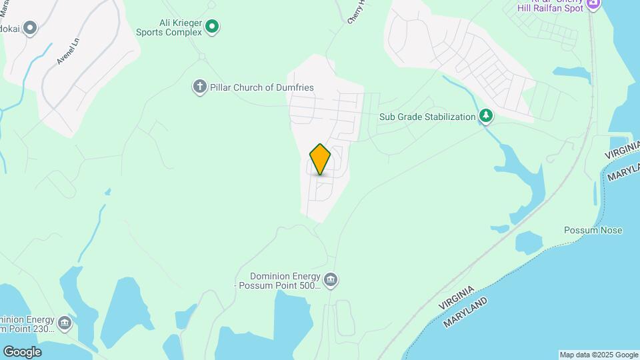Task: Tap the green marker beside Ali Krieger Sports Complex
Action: [212, 27]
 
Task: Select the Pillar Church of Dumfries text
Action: [263, 87]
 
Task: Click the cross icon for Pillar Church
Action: [199, 87]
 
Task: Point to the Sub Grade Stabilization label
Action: [427, 117]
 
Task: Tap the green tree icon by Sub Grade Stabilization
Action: [487, 117]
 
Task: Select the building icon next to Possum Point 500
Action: [331, 279]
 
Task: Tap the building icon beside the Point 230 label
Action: [65, 323]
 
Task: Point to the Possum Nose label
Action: [593, 231]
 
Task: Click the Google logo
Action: [21, 352]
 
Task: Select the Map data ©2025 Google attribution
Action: [599, 355]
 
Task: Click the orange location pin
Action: [321, 159]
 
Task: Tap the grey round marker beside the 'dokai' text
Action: [29, 28]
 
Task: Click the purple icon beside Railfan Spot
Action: [594, 3]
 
